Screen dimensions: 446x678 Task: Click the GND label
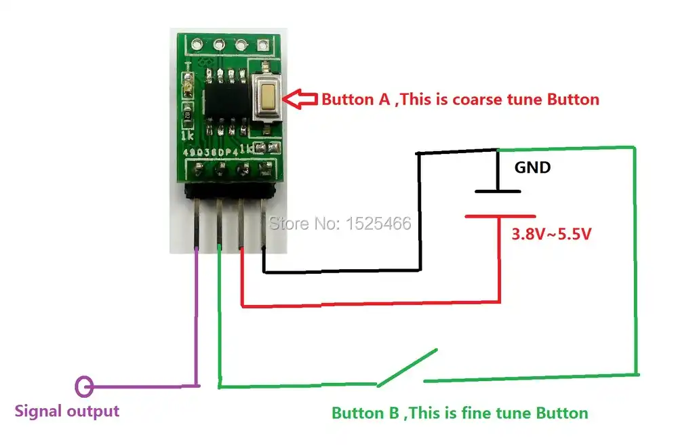click(x=533, y=167)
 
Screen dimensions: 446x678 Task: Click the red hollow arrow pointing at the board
click(x=300, y=100)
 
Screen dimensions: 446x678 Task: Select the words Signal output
click(x=67, y=411)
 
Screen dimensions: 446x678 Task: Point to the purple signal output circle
click(x=84, y=386)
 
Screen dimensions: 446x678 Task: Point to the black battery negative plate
click(x=498, y=191)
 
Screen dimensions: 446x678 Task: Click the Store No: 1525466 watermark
click(x=341, y=223)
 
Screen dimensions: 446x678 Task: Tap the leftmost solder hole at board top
click(x=197, y=45)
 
